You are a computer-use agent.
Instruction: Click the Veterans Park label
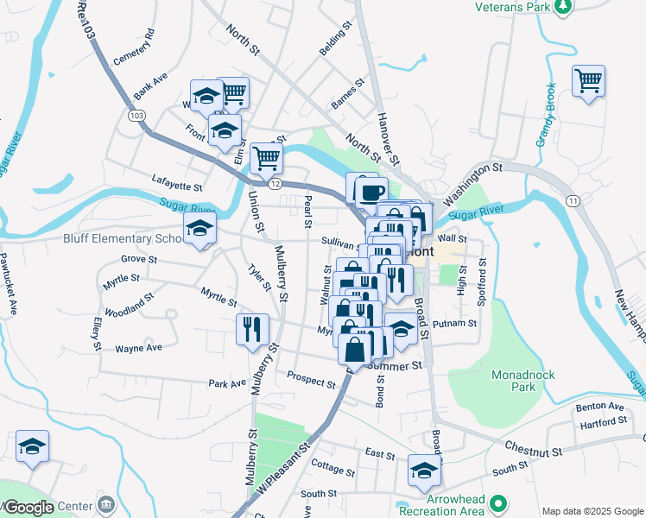click(x=512, y=7)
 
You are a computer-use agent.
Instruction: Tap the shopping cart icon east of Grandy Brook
click(x=588, y=81)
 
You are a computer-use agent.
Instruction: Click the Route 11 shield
click(x=573, y=200)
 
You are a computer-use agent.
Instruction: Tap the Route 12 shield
click(x=275, y=184)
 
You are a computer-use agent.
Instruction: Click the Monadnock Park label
click(x=522, y=381)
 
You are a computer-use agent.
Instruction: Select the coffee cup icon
click(x=371, y=191)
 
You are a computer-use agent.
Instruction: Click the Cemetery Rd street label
click(x=133, y=46)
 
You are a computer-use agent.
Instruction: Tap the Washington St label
click(x=472, y=168)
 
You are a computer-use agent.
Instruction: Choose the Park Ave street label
click(x=222, y=382)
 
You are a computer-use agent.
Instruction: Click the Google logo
click(x=29, y=508)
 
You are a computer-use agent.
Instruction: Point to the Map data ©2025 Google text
click(x=592, y=511)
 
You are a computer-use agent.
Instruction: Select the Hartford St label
click(x=604, y=421)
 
